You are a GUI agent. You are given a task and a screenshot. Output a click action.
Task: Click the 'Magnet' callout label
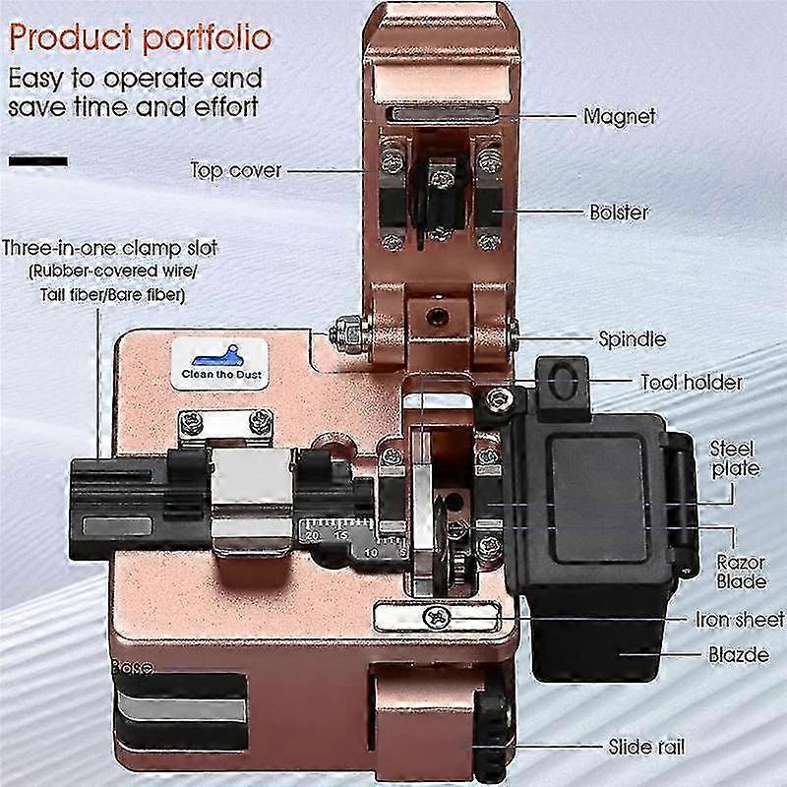coord(619,116)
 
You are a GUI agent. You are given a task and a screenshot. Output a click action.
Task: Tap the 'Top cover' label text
coord(236,170)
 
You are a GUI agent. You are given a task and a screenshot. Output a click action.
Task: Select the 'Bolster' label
coord(619,212)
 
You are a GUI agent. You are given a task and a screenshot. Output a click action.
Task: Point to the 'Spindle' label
coord(632,339)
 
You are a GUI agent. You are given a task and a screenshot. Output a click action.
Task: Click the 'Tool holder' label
coord(691,382)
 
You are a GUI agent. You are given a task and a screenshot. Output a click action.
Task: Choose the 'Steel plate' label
coord(734,457)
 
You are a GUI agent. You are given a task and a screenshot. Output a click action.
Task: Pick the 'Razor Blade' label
coord(740,572)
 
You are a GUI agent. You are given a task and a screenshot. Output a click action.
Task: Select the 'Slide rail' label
coord(645,748)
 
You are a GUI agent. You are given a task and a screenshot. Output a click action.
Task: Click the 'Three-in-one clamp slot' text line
coord(110,248)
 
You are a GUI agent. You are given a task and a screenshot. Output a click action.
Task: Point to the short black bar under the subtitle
coord(38,160)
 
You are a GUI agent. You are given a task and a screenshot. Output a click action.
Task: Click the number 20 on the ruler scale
coord(313,536)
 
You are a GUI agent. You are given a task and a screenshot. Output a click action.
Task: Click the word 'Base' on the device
coord(133,667)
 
